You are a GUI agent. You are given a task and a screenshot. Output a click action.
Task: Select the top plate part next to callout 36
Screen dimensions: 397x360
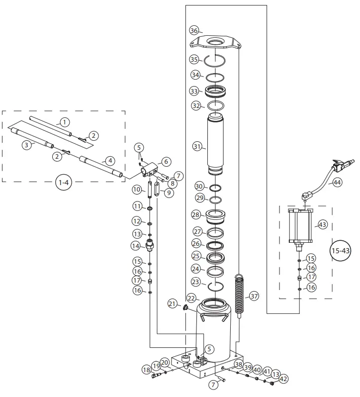point(216,43)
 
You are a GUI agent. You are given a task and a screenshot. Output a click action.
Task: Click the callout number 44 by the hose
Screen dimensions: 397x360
point(337,183)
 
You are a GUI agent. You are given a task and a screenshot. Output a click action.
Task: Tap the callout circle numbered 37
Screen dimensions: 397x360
point(254,296)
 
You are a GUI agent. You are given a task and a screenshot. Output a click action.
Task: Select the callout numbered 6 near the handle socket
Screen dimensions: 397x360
point(166,162)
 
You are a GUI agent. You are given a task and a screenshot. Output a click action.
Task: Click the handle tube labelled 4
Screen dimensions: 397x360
point(97,164)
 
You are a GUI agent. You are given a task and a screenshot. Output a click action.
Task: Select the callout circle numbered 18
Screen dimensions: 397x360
point(146,370)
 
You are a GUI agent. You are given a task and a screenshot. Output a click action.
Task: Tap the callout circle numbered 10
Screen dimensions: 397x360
point(137,190)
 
